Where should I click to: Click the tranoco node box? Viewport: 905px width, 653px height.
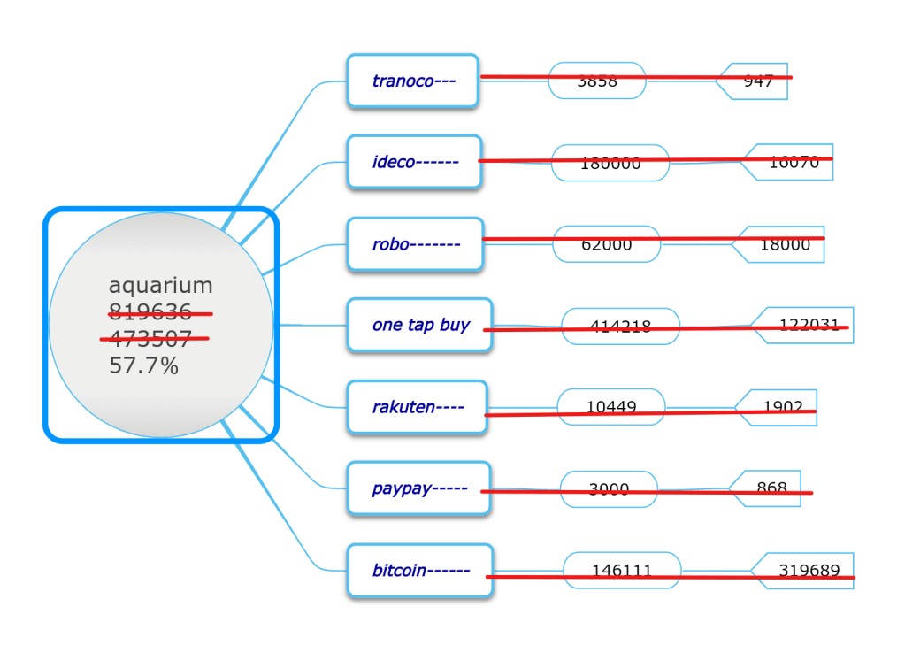412,81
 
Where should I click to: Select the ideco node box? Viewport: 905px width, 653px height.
414,162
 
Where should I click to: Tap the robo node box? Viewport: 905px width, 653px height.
415,243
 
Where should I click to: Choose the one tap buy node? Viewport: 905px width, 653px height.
419,325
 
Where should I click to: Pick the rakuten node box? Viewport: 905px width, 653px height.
417,407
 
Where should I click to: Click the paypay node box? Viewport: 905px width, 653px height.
418,488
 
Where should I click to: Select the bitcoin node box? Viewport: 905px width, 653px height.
419,571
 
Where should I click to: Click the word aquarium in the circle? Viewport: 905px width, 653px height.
160,285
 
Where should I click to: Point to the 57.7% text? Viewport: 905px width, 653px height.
143,365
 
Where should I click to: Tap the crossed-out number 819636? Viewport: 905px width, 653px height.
150,312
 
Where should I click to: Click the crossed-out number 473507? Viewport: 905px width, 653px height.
150,339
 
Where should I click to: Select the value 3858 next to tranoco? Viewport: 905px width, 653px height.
597,81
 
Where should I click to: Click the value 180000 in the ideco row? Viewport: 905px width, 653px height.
610,163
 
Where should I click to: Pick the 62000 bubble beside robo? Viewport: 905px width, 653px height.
607,244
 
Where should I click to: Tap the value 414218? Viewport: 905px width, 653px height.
620,326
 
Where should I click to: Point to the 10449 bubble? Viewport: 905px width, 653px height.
611,407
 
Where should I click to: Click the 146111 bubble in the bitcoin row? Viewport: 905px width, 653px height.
622,571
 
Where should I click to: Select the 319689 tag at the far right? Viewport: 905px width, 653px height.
809,571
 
